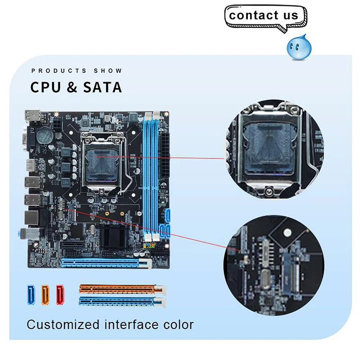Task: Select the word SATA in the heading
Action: click(102, 87)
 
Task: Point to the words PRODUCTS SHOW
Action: click(77, 71)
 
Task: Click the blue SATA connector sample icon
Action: click(31, 295)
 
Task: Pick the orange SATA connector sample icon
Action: click(45, 295)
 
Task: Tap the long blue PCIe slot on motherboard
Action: click(104, 264)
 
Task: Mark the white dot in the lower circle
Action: click(287, 233)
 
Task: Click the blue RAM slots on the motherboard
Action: click(151, 176)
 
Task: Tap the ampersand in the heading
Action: click(72, 87)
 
